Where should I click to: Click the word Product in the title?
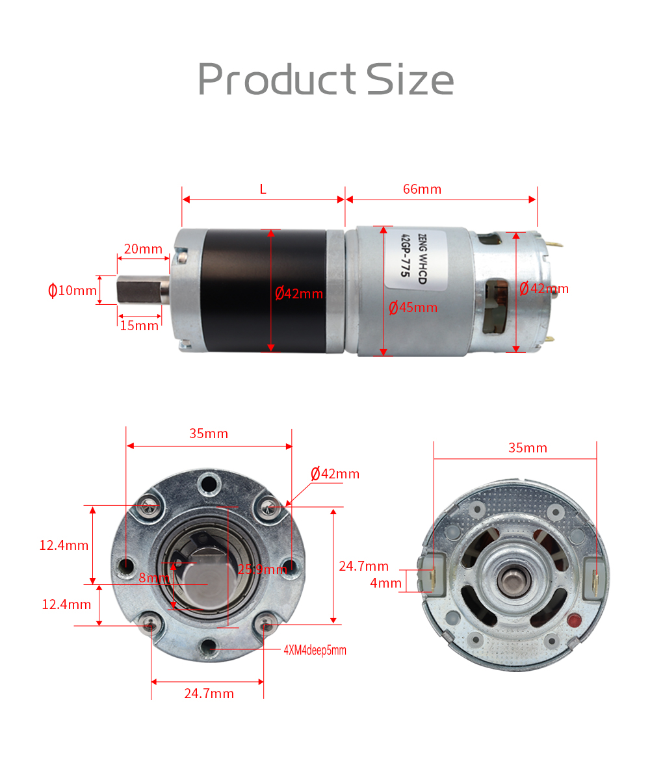point(277,79)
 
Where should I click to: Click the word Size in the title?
point(409,79)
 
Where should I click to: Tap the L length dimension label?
point(263,189)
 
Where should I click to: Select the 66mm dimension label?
point(422,189)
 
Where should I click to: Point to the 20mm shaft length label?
point(143,249)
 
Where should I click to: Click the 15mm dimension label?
point(139,326)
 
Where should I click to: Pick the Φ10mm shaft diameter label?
point(72,290)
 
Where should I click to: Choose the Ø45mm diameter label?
point(413,307)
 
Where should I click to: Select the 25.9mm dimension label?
point(262,570)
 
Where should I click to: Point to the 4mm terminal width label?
point(386,583)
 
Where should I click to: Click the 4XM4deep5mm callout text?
point(315,650)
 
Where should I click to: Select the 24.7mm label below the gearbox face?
point(209,694)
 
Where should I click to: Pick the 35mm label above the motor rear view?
point(528,448)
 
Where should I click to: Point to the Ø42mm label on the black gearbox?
point(299,294)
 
